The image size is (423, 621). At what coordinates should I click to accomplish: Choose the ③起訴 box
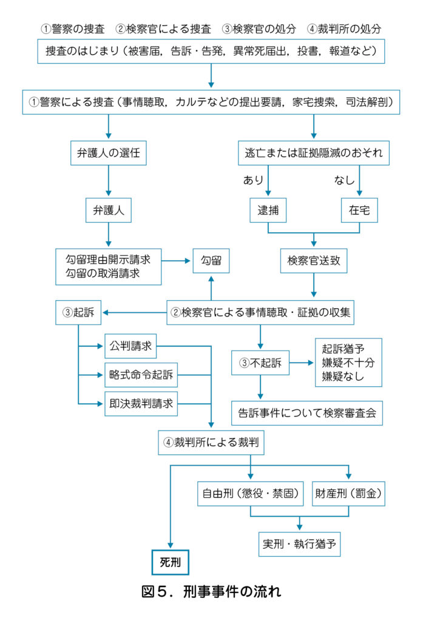tap(79, 313)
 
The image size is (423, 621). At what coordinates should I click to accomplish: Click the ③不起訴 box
tap(260, 364)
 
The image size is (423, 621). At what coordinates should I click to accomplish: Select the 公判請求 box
tap(130, 347)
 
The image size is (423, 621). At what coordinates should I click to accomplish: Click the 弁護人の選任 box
tap(109, 154)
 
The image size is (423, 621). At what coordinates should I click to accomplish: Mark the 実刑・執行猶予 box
tap(299, 543)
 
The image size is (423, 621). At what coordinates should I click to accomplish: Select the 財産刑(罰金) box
tap(349, 494)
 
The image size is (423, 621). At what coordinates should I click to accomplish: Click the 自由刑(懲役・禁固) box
tap(251, 494)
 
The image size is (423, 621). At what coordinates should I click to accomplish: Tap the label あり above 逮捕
tap(253, 180)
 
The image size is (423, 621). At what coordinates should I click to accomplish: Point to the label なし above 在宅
tap(344, 180)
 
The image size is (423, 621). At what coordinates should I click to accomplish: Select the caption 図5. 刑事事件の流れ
tap(211, 590)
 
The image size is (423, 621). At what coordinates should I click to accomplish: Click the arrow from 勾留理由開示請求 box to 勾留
tap(177, 261)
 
